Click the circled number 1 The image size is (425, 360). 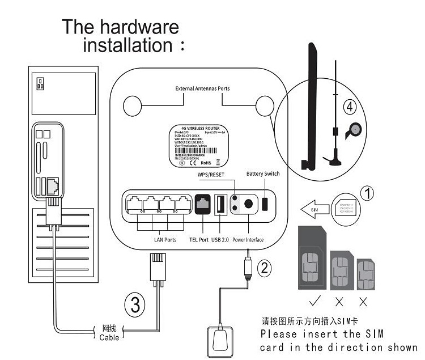pos(367,194)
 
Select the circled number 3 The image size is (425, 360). pos(134,306)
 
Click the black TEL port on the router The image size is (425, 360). pos(203,204)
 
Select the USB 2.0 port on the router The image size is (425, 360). pos(220,204)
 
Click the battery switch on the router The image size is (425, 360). pos(266,204)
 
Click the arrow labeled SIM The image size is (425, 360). pos(314,209)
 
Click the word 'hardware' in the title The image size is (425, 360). pos(138,27)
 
